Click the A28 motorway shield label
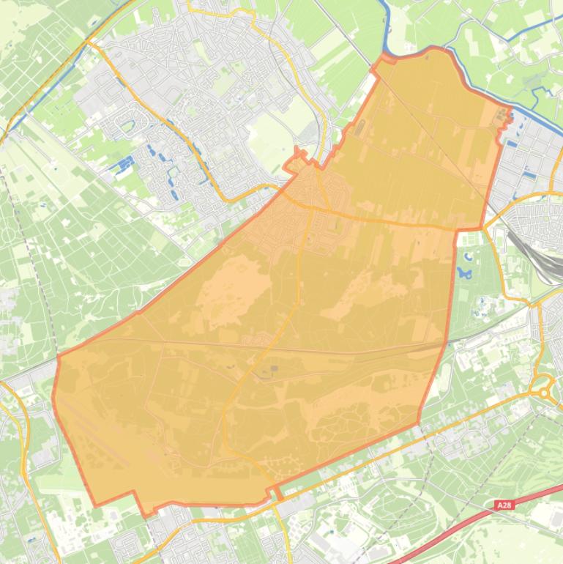pyautogui.click(x=504, y=505)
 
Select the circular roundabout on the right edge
pyautogui.click(x=544, y=392)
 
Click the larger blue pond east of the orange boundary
pyautogui.click(x=463, y=272)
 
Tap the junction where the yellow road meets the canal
pyautogui.click(x=89, y=42)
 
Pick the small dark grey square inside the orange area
pyautogui.click(x=274, y=368)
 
